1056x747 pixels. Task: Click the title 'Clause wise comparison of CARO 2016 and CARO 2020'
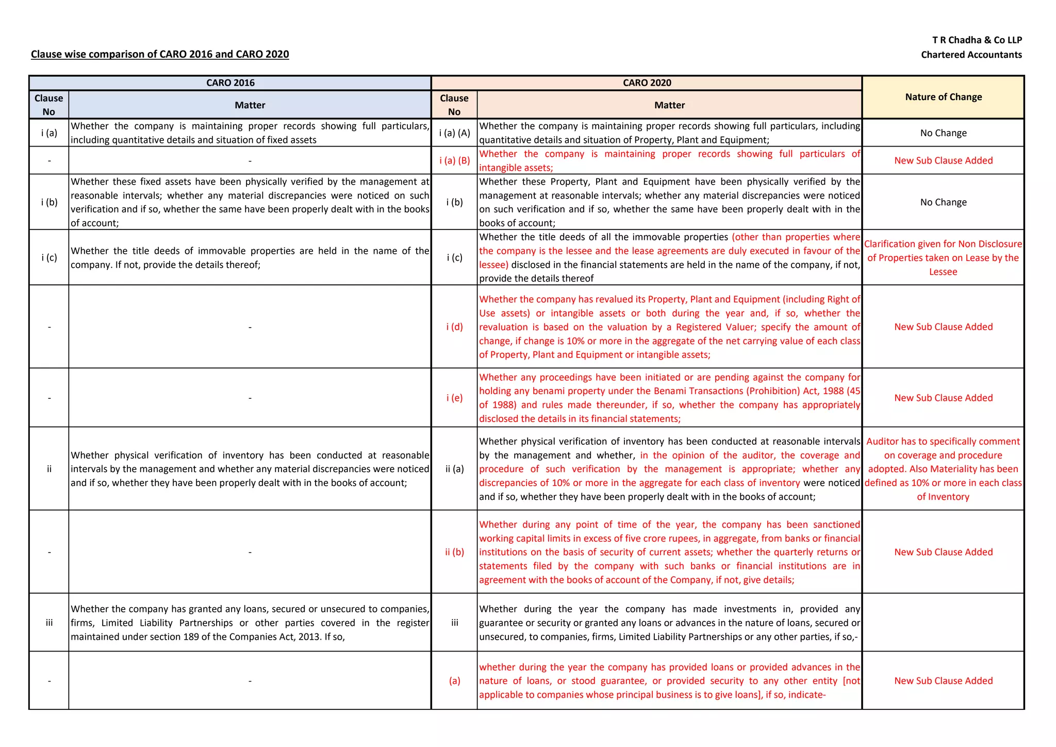pos(160,54)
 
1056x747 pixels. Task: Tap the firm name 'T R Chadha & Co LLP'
pos(977,40)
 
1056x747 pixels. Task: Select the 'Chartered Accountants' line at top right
pos(971,55)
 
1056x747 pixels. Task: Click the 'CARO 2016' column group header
pos(230,83)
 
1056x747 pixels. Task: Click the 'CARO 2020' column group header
pos(647,83)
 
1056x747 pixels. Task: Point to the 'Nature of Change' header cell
pos(943,97)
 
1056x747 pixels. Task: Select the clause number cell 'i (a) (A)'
pos(454,133)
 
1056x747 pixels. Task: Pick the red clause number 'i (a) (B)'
pos(454,160)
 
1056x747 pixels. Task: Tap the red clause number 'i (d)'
pos(454,327)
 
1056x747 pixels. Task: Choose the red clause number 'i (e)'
pos(454,398)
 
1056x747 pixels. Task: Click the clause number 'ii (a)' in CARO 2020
pos(454,469)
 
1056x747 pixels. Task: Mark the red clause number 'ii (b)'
pos(454,552)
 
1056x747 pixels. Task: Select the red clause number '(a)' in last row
pos(454,680)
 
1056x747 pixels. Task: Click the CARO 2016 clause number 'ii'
pos(49,469)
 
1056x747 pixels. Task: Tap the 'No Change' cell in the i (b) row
pos(943,202)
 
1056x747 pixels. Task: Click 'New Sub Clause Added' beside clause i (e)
pos(943,398)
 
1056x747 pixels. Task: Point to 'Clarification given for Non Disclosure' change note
pos(943,244)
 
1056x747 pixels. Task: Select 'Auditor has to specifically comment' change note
pos(943,442)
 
